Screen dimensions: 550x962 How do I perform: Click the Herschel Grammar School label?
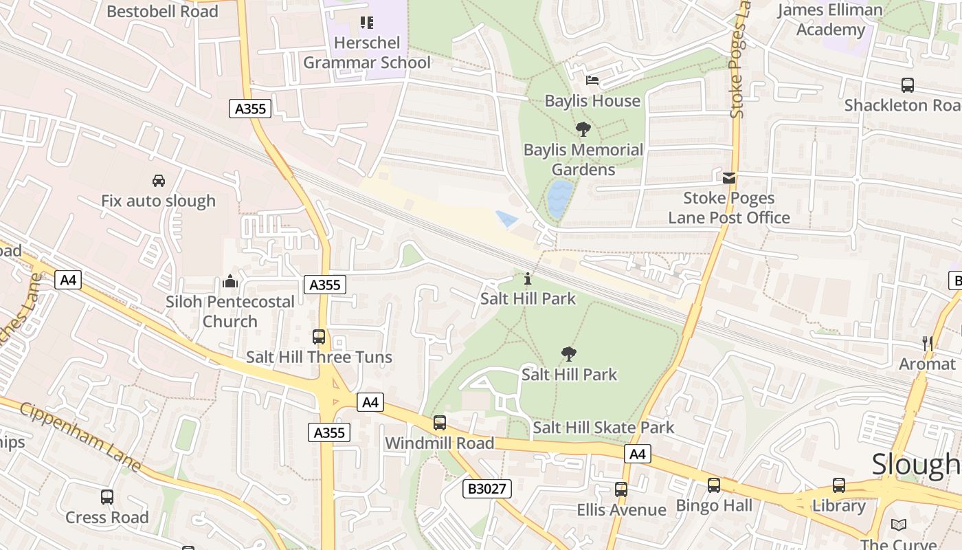tap(367, 53)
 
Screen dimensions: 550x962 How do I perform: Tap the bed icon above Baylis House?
tap(592, 80)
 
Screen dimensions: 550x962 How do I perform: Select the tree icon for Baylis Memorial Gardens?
tap(583, 129)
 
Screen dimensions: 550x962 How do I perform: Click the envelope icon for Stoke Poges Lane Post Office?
tap(729, 178)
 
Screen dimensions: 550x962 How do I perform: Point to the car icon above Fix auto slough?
tap(159, 181)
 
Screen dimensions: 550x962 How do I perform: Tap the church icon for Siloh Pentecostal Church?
tap(230, 281)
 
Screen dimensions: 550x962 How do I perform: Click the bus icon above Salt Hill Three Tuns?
tap(319, 337)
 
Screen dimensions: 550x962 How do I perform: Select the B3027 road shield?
tap(486, 489)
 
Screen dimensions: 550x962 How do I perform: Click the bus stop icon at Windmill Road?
tap(440, 423)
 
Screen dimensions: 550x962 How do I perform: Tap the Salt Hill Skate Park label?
tap(603, 428)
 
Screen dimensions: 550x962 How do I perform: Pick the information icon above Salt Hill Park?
tap(528, 278)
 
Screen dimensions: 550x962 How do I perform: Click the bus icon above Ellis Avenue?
tap(621, 489)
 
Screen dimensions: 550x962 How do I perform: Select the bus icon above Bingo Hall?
tap(714, 485)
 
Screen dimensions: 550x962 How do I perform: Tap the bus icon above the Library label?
tap(839, 485)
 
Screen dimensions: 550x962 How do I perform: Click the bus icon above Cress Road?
tap(107, 497)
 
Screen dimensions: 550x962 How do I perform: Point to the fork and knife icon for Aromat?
tap(928, 343)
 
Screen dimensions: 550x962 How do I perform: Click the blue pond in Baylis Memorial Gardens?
tap(559, 199)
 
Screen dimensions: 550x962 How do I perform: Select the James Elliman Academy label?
tap(830, 20)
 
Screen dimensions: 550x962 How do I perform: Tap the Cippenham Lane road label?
tap(80, 437)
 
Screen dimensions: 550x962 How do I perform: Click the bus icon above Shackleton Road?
tap(908, 85)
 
